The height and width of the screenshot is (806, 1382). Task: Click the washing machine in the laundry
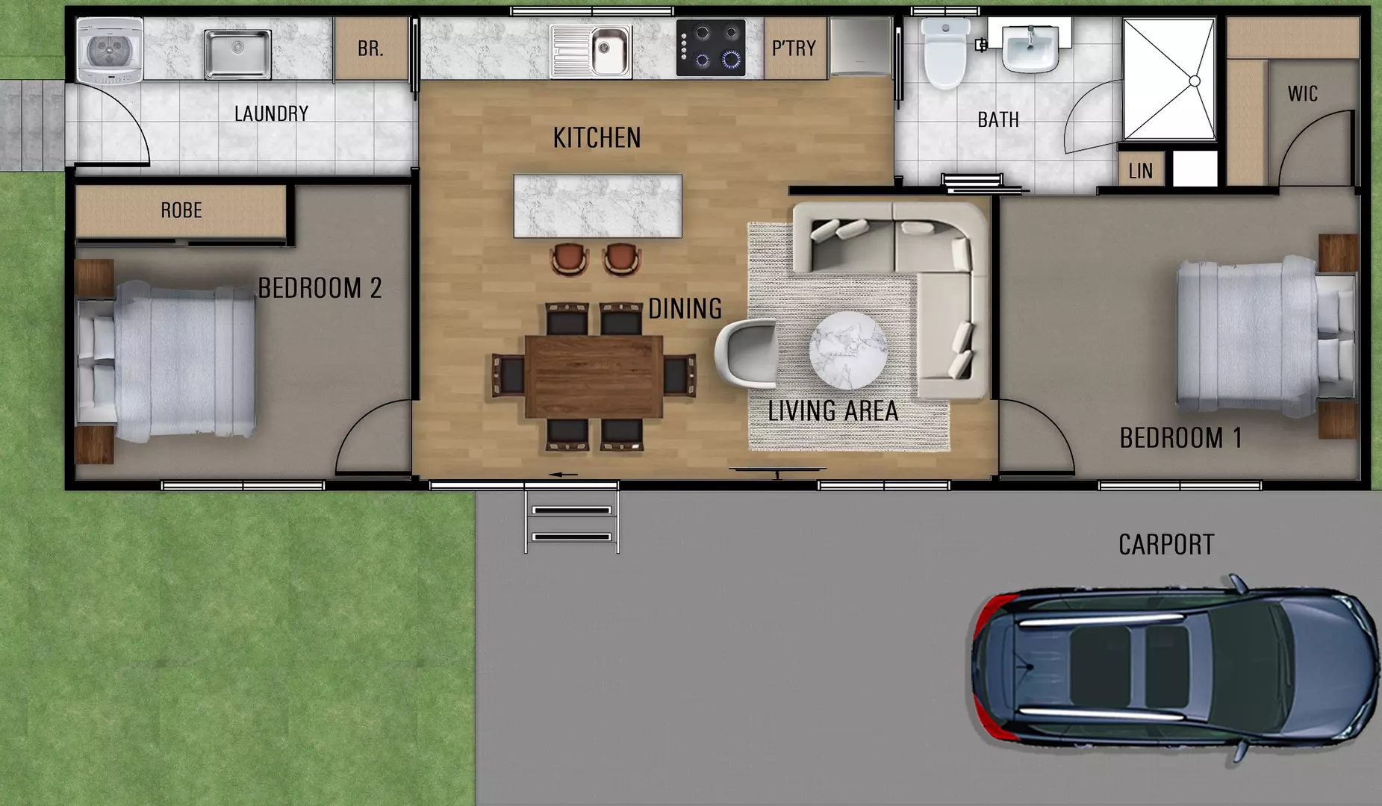click(x=110, y=50)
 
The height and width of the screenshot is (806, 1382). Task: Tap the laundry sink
click(x=237, y=53)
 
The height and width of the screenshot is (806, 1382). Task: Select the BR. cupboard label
click(x=370, y=49)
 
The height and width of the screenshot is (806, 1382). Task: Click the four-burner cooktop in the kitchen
click(x=711, y=48)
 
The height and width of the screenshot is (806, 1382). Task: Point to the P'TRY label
click(x=794, y=49)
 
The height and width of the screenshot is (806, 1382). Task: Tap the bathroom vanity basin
click(x=1030, y=46)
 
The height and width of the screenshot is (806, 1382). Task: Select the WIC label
click(x=1302, y=94)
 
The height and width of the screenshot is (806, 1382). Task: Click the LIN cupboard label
click(x=1140, y=172)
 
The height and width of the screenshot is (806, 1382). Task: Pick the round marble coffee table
click(x=848, y=350)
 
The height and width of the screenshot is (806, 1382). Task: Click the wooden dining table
click(x=594, y=376)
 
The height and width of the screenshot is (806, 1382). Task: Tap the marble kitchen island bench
click(x=597, y=206)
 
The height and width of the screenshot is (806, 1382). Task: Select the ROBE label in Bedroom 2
click(x=181, y=210)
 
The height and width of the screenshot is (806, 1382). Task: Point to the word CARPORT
click(x=1166, y=545)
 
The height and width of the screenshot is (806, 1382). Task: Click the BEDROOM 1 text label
click(x=1180, y=438)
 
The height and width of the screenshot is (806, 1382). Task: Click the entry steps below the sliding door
click(x=572, y=522)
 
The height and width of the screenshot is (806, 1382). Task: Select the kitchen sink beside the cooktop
click(x=591, y=51)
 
